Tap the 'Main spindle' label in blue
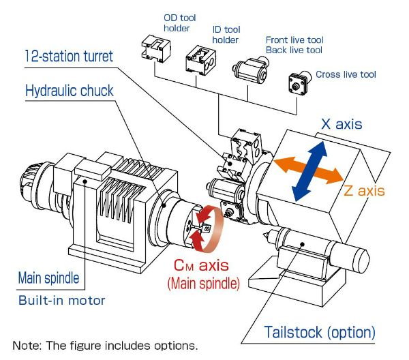click(48, 278)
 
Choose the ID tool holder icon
click(201, 61)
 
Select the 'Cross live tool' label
click(346, 74)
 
